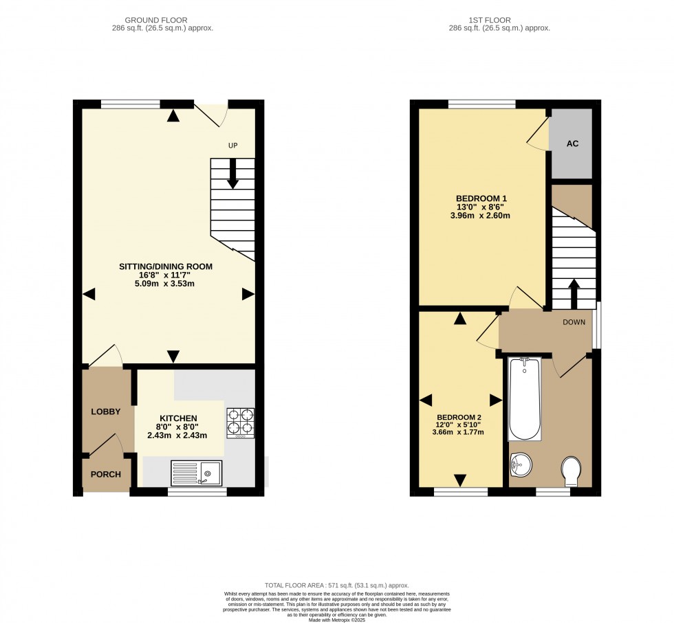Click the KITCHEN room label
(x=179, y=418)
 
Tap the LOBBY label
(x=106, y=412)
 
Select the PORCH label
(x=106, y=474)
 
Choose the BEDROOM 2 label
(x=459, y=417)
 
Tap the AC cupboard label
(x=572, y=145)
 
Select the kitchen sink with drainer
(x=197, y=473)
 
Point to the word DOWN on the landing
(x=574, y=321)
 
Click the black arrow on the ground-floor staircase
(x=232, y=174)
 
